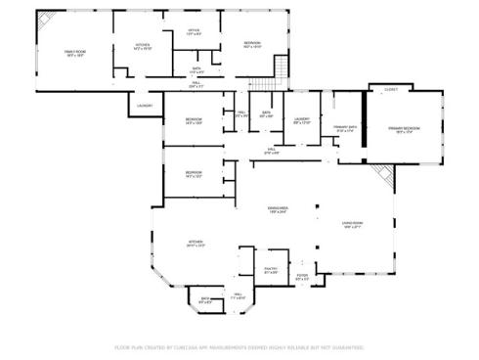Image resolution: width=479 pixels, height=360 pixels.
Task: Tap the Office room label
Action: coord(194,30)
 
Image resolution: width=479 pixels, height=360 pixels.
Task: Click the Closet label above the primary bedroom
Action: coord(391,89)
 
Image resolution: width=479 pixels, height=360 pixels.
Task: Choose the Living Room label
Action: coord(353,224)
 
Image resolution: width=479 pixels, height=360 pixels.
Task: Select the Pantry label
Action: coord(272,269)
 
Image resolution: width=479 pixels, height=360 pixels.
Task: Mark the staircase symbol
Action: coord(282,69)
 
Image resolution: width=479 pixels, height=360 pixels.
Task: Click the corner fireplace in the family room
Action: coord(46,22)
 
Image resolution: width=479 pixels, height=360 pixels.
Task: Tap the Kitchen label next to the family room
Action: coord(141,45)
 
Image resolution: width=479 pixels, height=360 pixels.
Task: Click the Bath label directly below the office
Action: coord(196,68)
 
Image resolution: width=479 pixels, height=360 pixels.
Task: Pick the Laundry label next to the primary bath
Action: coord(301,120)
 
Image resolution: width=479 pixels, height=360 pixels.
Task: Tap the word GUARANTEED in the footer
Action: coord(346,346)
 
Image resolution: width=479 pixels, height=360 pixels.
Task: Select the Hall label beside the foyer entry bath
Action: coord(237,295)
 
